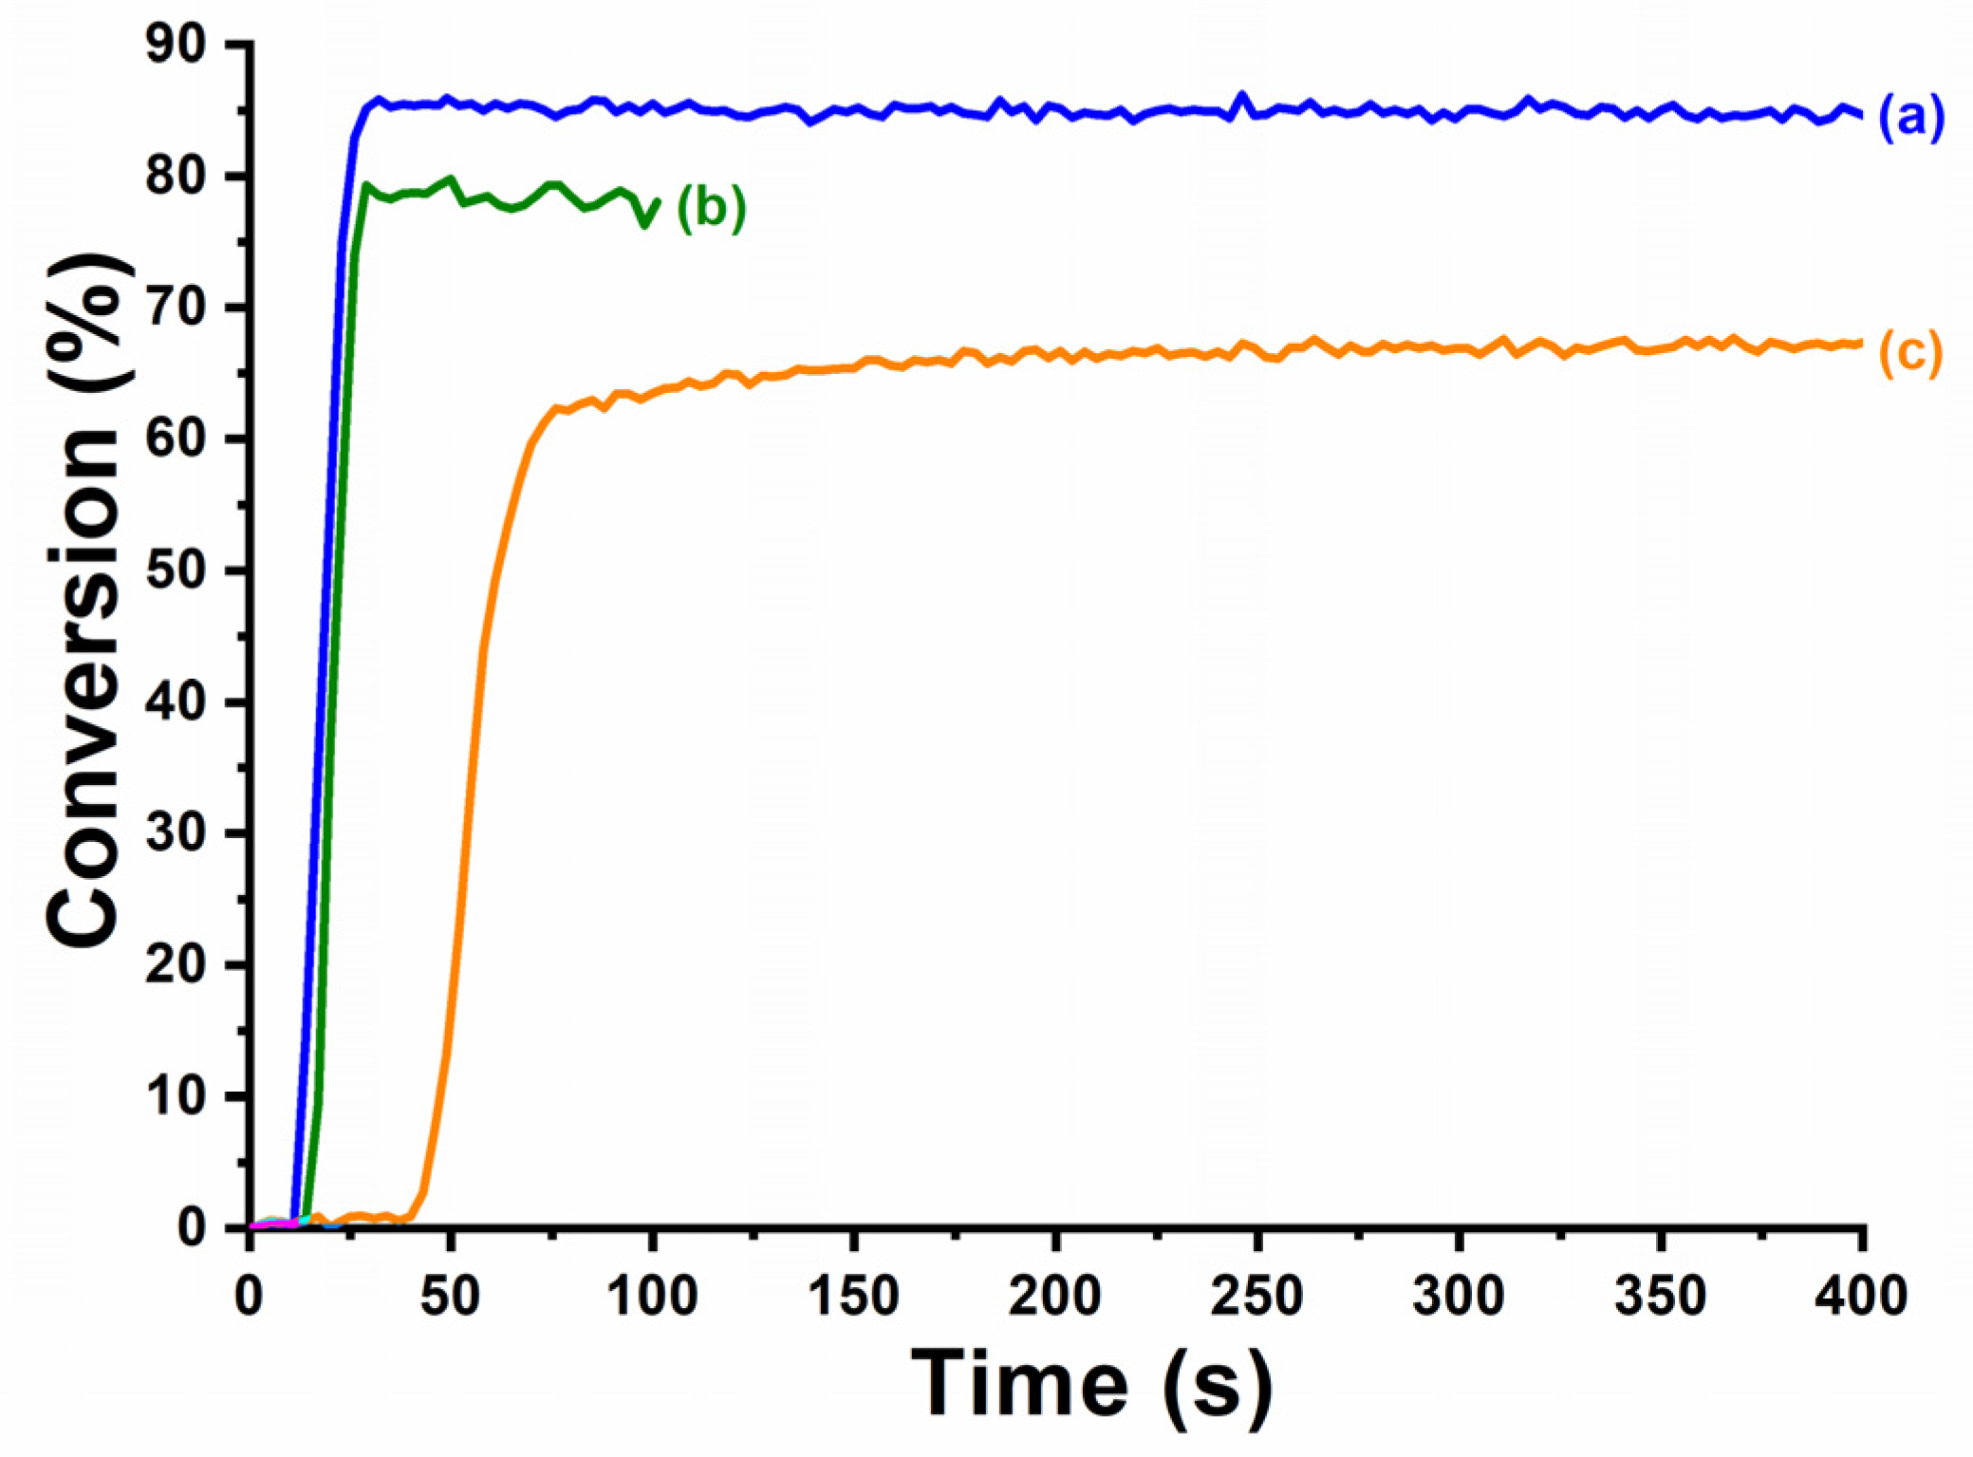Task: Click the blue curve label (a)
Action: [x=1909, y=119]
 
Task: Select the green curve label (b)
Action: [x=711, y=208]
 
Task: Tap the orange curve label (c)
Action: [x=1909, y=352]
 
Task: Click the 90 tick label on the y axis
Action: [x=176, y=46]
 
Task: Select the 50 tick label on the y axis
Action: [x=176, y=570]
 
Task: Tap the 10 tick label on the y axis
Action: [x=176, y=1096]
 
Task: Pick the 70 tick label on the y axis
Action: [x=176, y=308]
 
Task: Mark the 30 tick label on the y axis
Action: [x=176, y=833]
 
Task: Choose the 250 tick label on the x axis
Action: [x=1256, y=1296]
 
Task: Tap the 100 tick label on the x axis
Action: [x=653, y=1296]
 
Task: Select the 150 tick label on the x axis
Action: [x=854, y=1296]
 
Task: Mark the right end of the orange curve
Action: [x=1861, y=343]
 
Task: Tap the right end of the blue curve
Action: [x=1861, y=115]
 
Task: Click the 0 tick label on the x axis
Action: [x=250, y=1296]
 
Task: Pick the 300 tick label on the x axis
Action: [x=1459, y=1296]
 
